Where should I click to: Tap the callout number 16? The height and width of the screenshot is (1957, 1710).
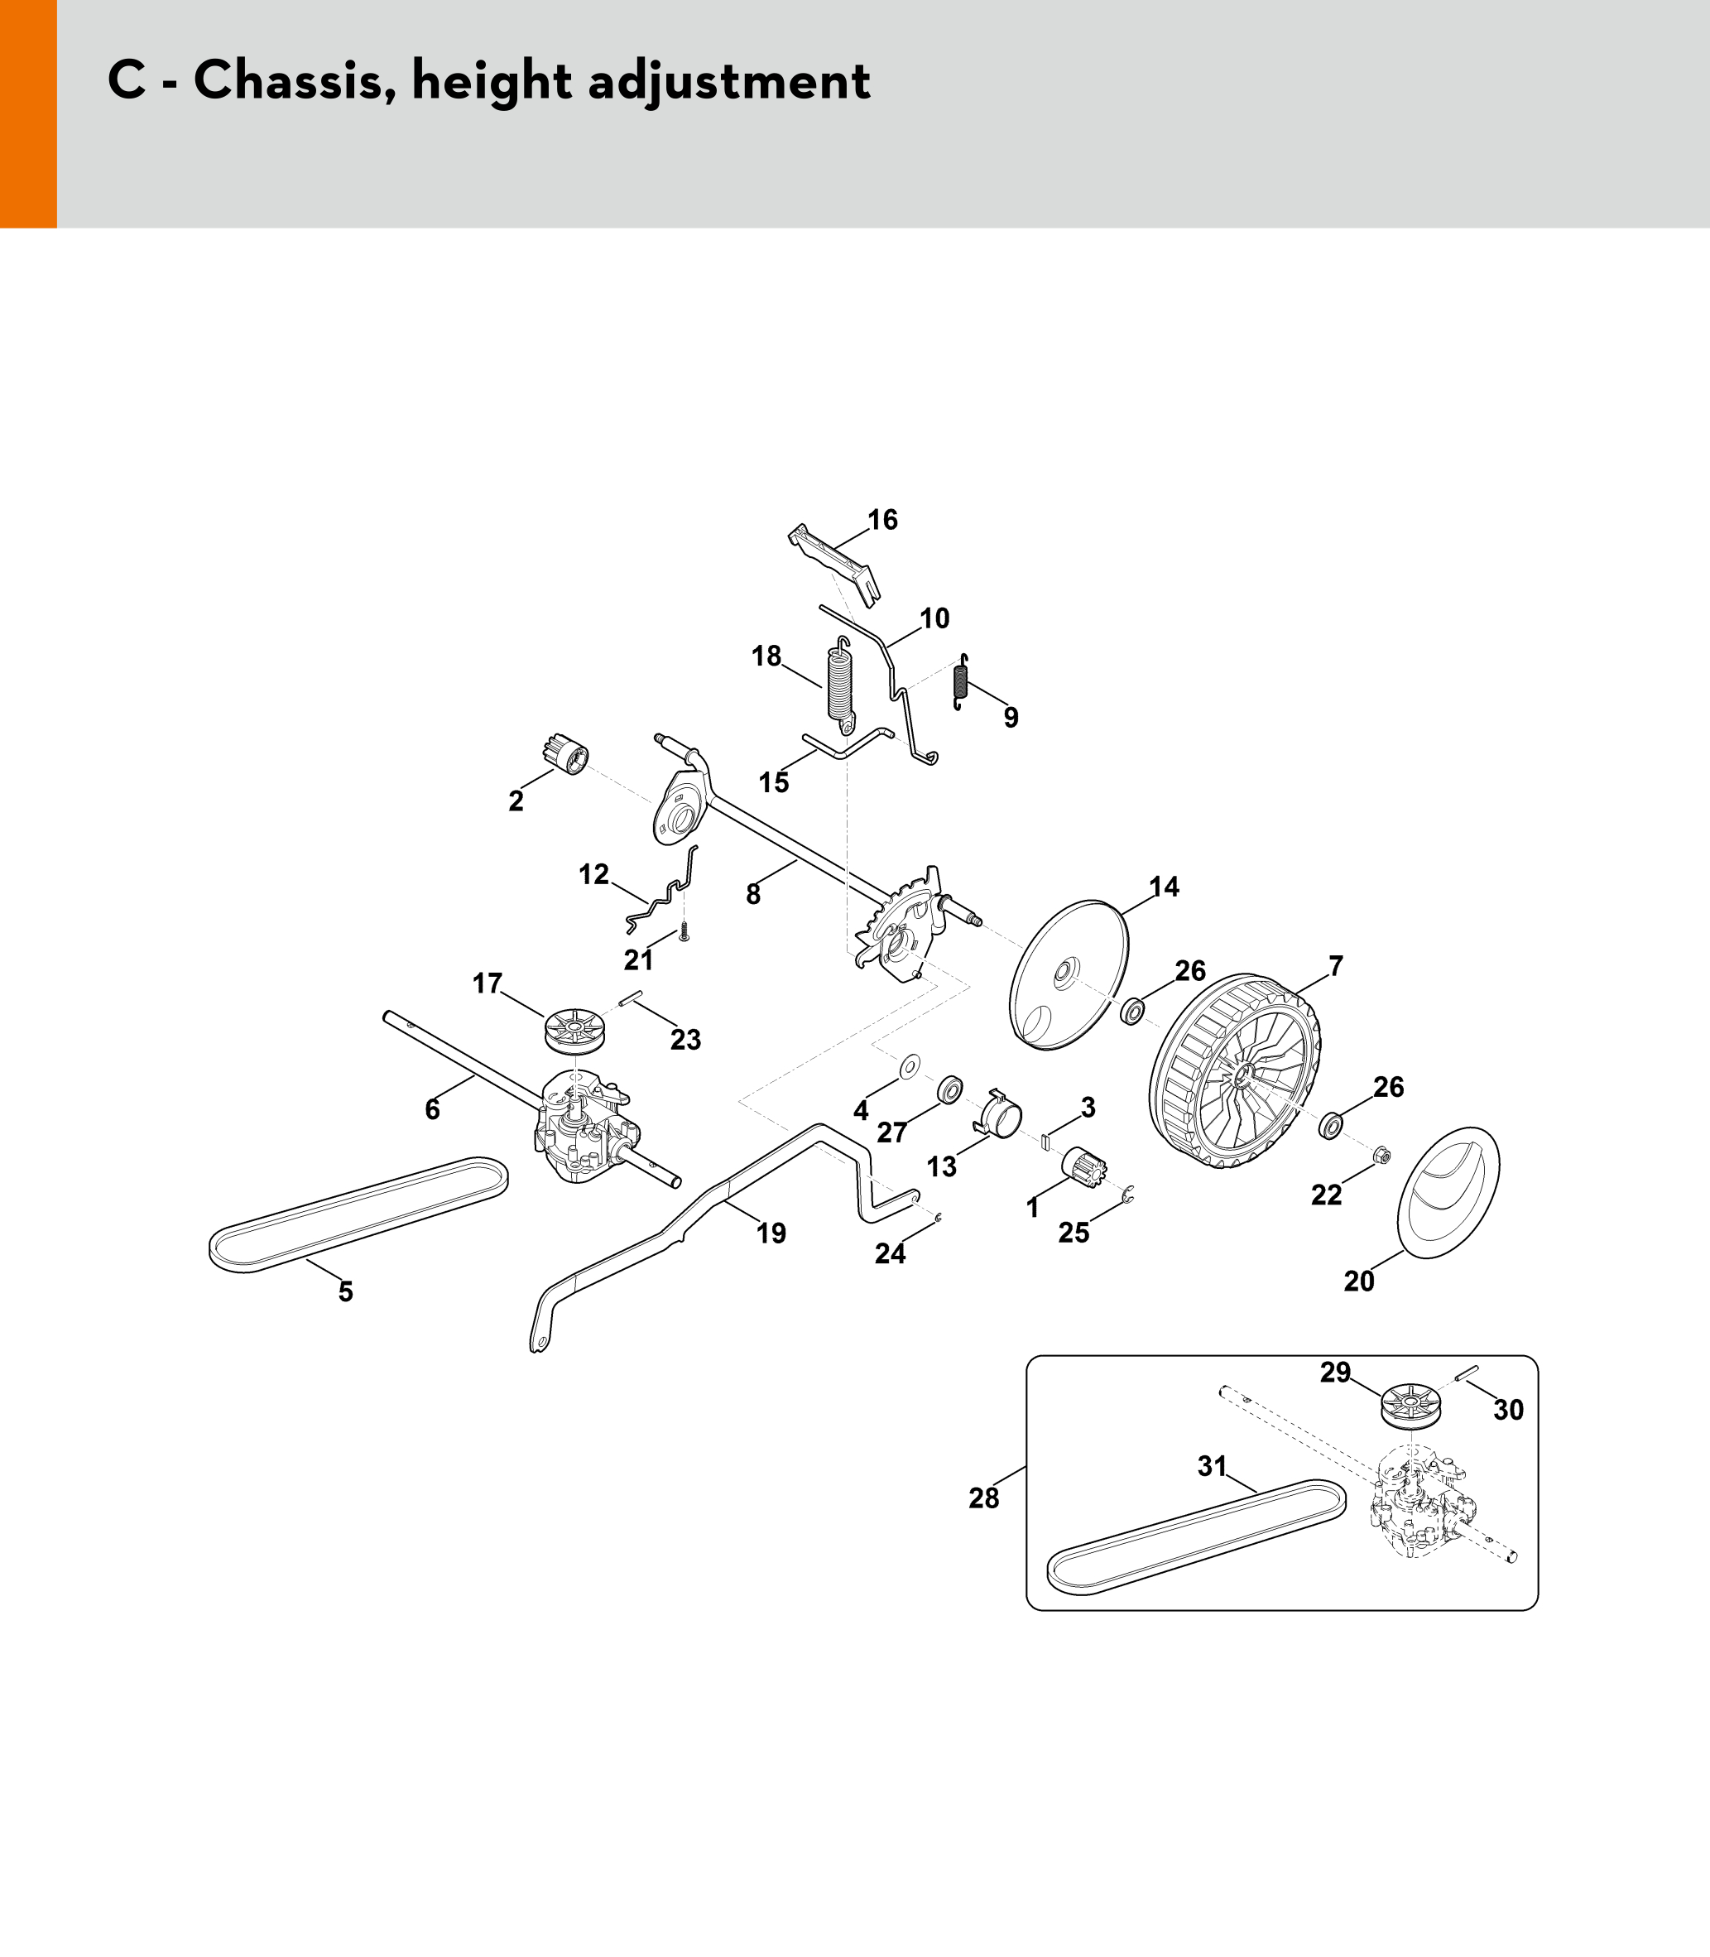tap(882, 519)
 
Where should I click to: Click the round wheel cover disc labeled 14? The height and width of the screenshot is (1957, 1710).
tap(1069, 974)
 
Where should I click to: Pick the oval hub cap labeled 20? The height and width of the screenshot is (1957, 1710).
tap(1448, 1192)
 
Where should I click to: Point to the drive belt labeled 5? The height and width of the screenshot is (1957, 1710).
tap(358, 1214)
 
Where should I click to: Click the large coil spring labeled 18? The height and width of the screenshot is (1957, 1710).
tap(838, 682)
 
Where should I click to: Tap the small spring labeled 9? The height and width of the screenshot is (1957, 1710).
tap(962, 681)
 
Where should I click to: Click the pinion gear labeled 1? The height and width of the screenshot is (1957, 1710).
tap(1085, 1167)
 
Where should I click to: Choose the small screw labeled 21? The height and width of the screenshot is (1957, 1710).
tap(683, 932)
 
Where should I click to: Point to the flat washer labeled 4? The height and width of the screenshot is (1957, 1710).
tap(910, 1063)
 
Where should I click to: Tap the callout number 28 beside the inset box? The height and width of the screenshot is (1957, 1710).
tap(984, 1498)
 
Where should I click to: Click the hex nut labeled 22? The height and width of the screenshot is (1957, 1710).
tap(1380, 1156)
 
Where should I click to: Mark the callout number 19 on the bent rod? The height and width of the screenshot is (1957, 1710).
tap(771, 1233)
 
